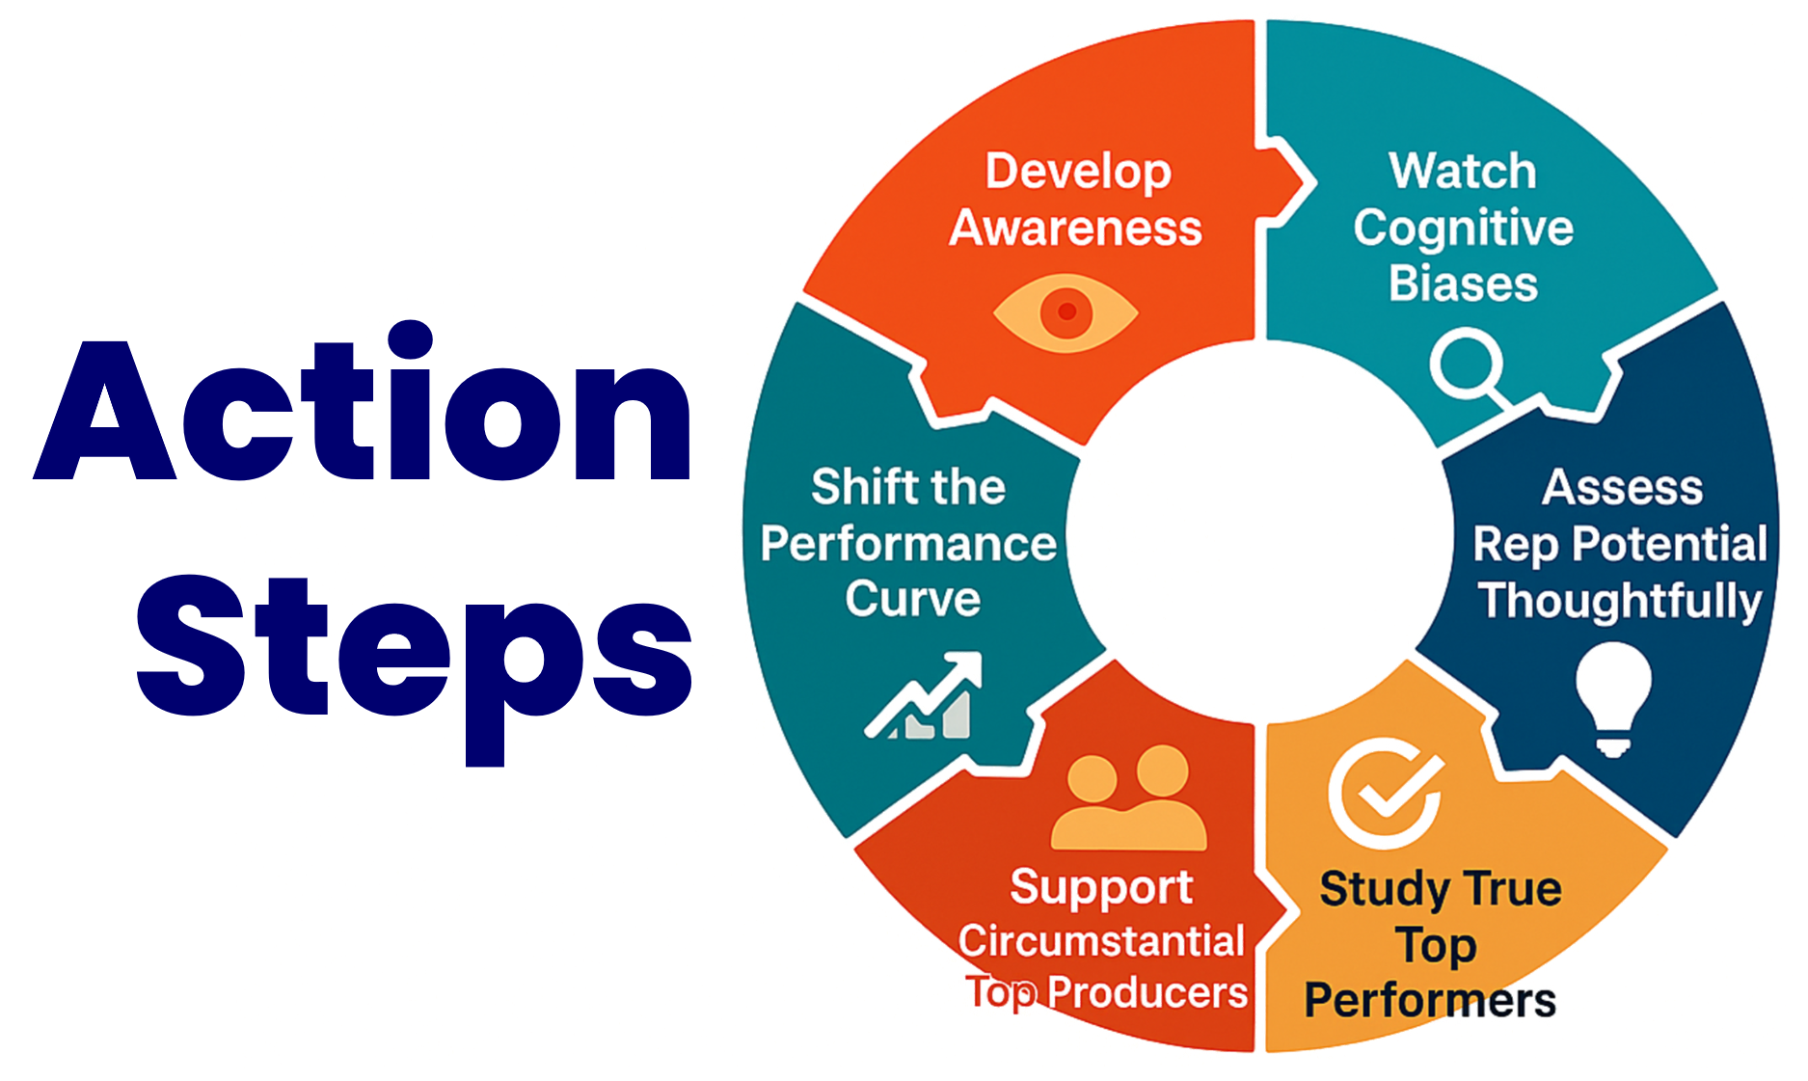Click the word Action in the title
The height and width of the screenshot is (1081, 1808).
(x=364, y=400)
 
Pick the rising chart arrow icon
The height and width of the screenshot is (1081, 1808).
(x=923, y=695)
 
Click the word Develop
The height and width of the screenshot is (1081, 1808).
(x=1078, y=173)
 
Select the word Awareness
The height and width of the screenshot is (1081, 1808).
(x=1075, y=229)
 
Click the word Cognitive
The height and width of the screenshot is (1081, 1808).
(x=1463, y=230)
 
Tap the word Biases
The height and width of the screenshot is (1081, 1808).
(x=1463, y=284)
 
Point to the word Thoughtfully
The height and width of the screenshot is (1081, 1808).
(x=1621, y=601)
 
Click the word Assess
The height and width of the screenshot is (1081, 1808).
(x=1622, y=488)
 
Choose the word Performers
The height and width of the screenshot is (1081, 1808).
(x=1430, y=1000)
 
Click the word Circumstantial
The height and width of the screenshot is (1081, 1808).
(x=1101, y=941)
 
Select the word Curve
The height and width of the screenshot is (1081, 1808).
(x=912, y=599)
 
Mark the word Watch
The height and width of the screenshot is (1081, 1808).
(x=1463, y=172)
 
